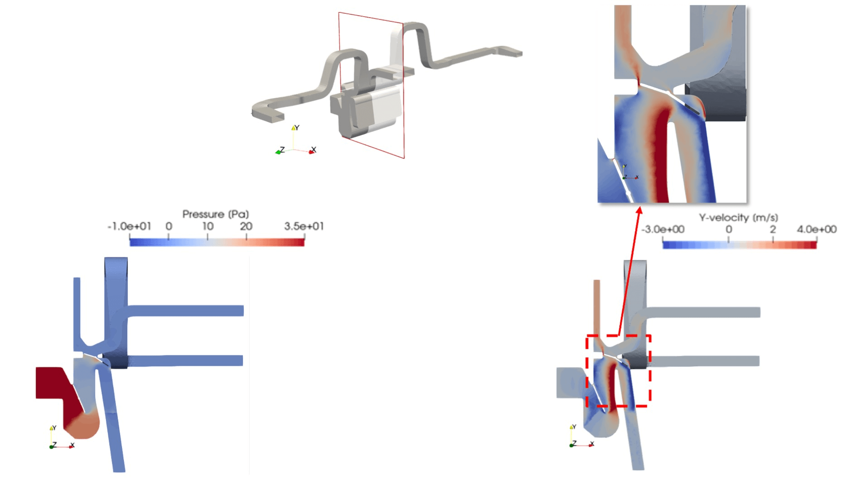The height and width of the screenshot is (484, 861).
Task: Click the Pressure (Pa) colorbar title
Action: click(215, 214)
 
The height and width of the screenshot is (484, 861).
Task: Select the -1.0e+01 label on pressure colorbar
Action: click(129, 226)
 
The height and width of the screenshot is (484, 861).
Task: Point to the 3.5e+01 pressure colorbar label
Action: click(304, 226)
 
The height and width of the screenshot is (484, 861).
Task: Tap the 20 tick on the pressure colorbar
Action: click(246, 226)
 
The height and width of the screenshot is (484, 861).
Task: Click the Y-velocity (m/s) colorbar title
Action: click(738, 218)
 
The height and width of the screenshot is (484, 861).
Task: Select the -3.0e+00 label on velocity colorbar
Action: click(663, 230)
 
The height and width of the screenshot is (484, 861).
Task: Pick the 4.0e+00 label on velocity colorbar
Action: click(817, 230)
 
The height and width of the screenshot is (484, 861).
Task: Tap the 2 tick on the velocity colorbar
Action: click(773, 230)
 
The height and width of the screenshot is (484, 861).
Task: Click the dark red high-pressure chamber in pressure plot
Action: click(52, 383)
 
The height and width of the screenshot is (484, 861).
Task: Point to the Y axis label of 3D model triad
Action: click(297, 128)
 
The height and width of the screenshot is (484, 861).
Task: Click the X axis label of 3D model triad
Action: click(314, 149)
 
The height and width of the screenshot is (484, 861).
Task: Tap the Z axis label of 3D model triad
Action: click(282, 149)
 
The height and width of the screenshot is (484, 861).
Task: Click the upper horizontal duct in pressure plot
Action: click(186, 311)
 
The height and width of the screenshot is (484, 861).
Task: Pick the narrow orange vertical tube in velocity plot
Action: click(596, 308)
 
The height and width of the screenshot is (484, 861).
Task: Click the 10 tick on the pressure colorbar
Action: click(208, 226)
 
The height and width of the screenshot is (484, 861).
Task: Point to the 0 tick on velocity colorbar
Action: click(729, 230)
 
